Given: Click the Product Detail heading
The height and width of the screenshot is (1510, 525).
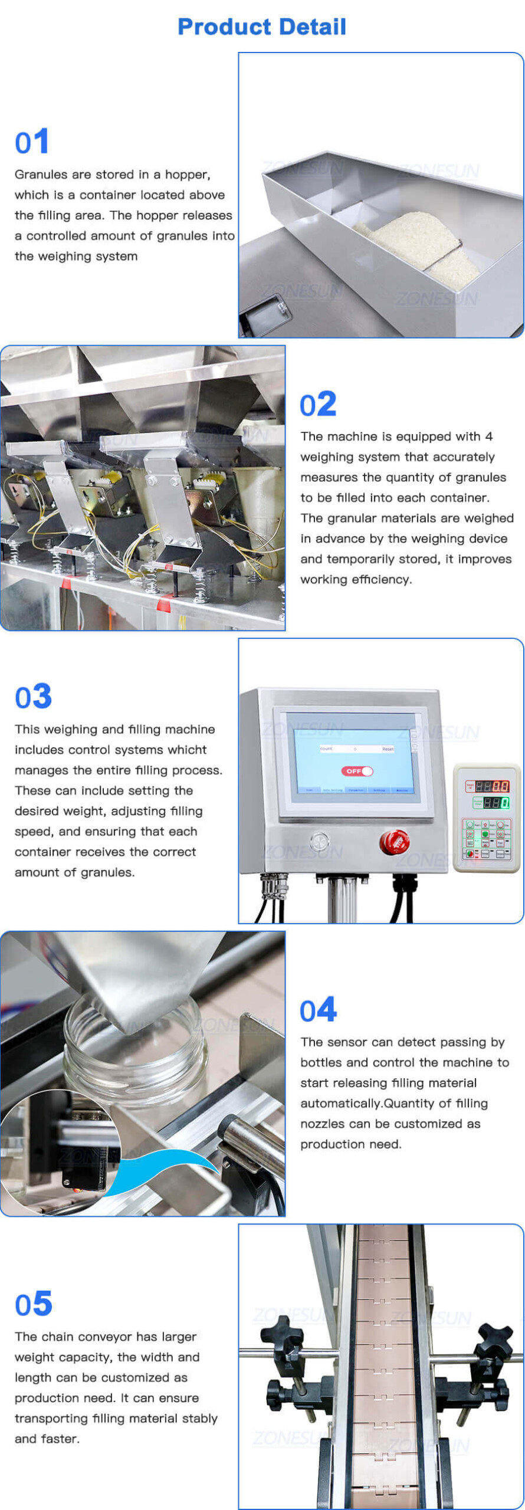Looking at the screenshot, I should [x=262, y=27].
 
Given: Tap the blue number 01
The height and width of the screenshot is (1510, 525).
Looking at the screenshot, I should [x=32, y=142].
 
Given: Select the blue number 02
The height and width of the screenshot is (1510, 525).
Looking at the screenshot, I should [x=318, y=405].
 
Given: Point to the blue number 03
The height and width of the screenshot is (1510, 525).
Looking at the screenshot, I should [x=34, y=697].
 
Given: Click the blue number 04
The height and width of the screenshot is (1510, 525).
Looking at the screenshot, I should [x=319, y=1010].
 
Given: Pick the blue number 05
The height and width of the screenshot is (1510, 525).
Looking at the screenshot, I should [x=34, y=1304].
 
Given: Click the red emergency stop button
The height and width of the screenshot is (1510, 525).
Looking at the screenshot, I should [x=394, y=841].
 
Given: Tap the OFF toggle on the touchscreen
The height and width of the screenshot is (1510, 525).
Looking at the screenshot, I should [x=357, y=771].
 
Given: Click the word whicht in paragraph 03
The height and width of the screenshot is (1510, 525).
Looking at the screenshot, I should [x=186, y=750].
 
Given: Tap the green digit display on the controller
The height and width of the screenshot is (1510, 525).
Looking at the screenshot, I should [x=496, y=803].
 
